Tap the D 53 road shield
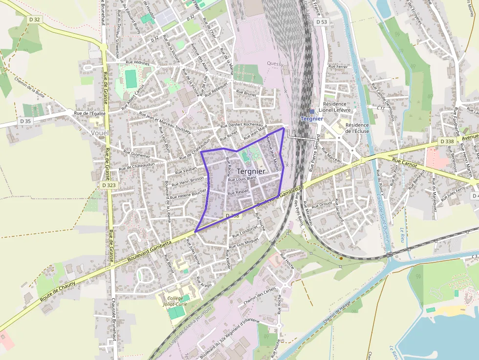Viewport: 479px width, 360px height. [x=322, y=22]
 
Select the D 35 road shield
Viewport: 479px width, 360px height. [x=25, y=121]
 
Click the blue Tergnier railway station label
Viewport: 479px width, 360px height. [x=312, y=119]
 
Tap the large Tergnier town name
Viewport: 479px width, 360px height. [x=251, y=171]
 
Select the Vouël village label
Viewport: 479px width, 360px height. [x=100, y=132]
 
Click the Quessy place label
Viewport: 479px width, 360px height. [x=275, y=64]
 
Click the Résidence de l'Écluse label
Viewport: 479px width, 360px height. [x=357, y=127]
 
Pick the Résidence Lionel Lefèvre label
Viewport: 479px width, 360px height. [x=335, y=107]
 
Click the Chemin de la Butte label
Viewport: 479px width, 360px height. [x=30, y=88]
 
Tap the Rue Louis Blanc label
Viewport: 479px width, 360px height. [x=242, y=178]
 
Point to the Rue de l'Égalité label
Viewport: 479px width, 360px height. [x=90, y=113]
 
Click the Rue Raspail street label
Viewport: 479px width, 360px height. [x=239, y=192]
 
